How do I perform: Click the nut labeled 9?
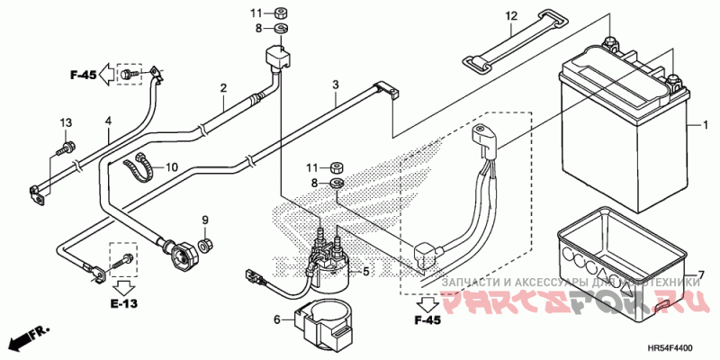point(205,244)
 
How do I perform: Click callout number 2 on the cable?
point(222,87)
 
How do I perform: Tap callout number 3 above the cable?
point(335,85)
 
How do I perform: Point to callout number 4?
point(107,120)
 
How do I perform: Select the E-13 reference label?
point(124,304)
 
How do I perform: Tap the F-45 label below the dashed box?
point(427,319)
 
